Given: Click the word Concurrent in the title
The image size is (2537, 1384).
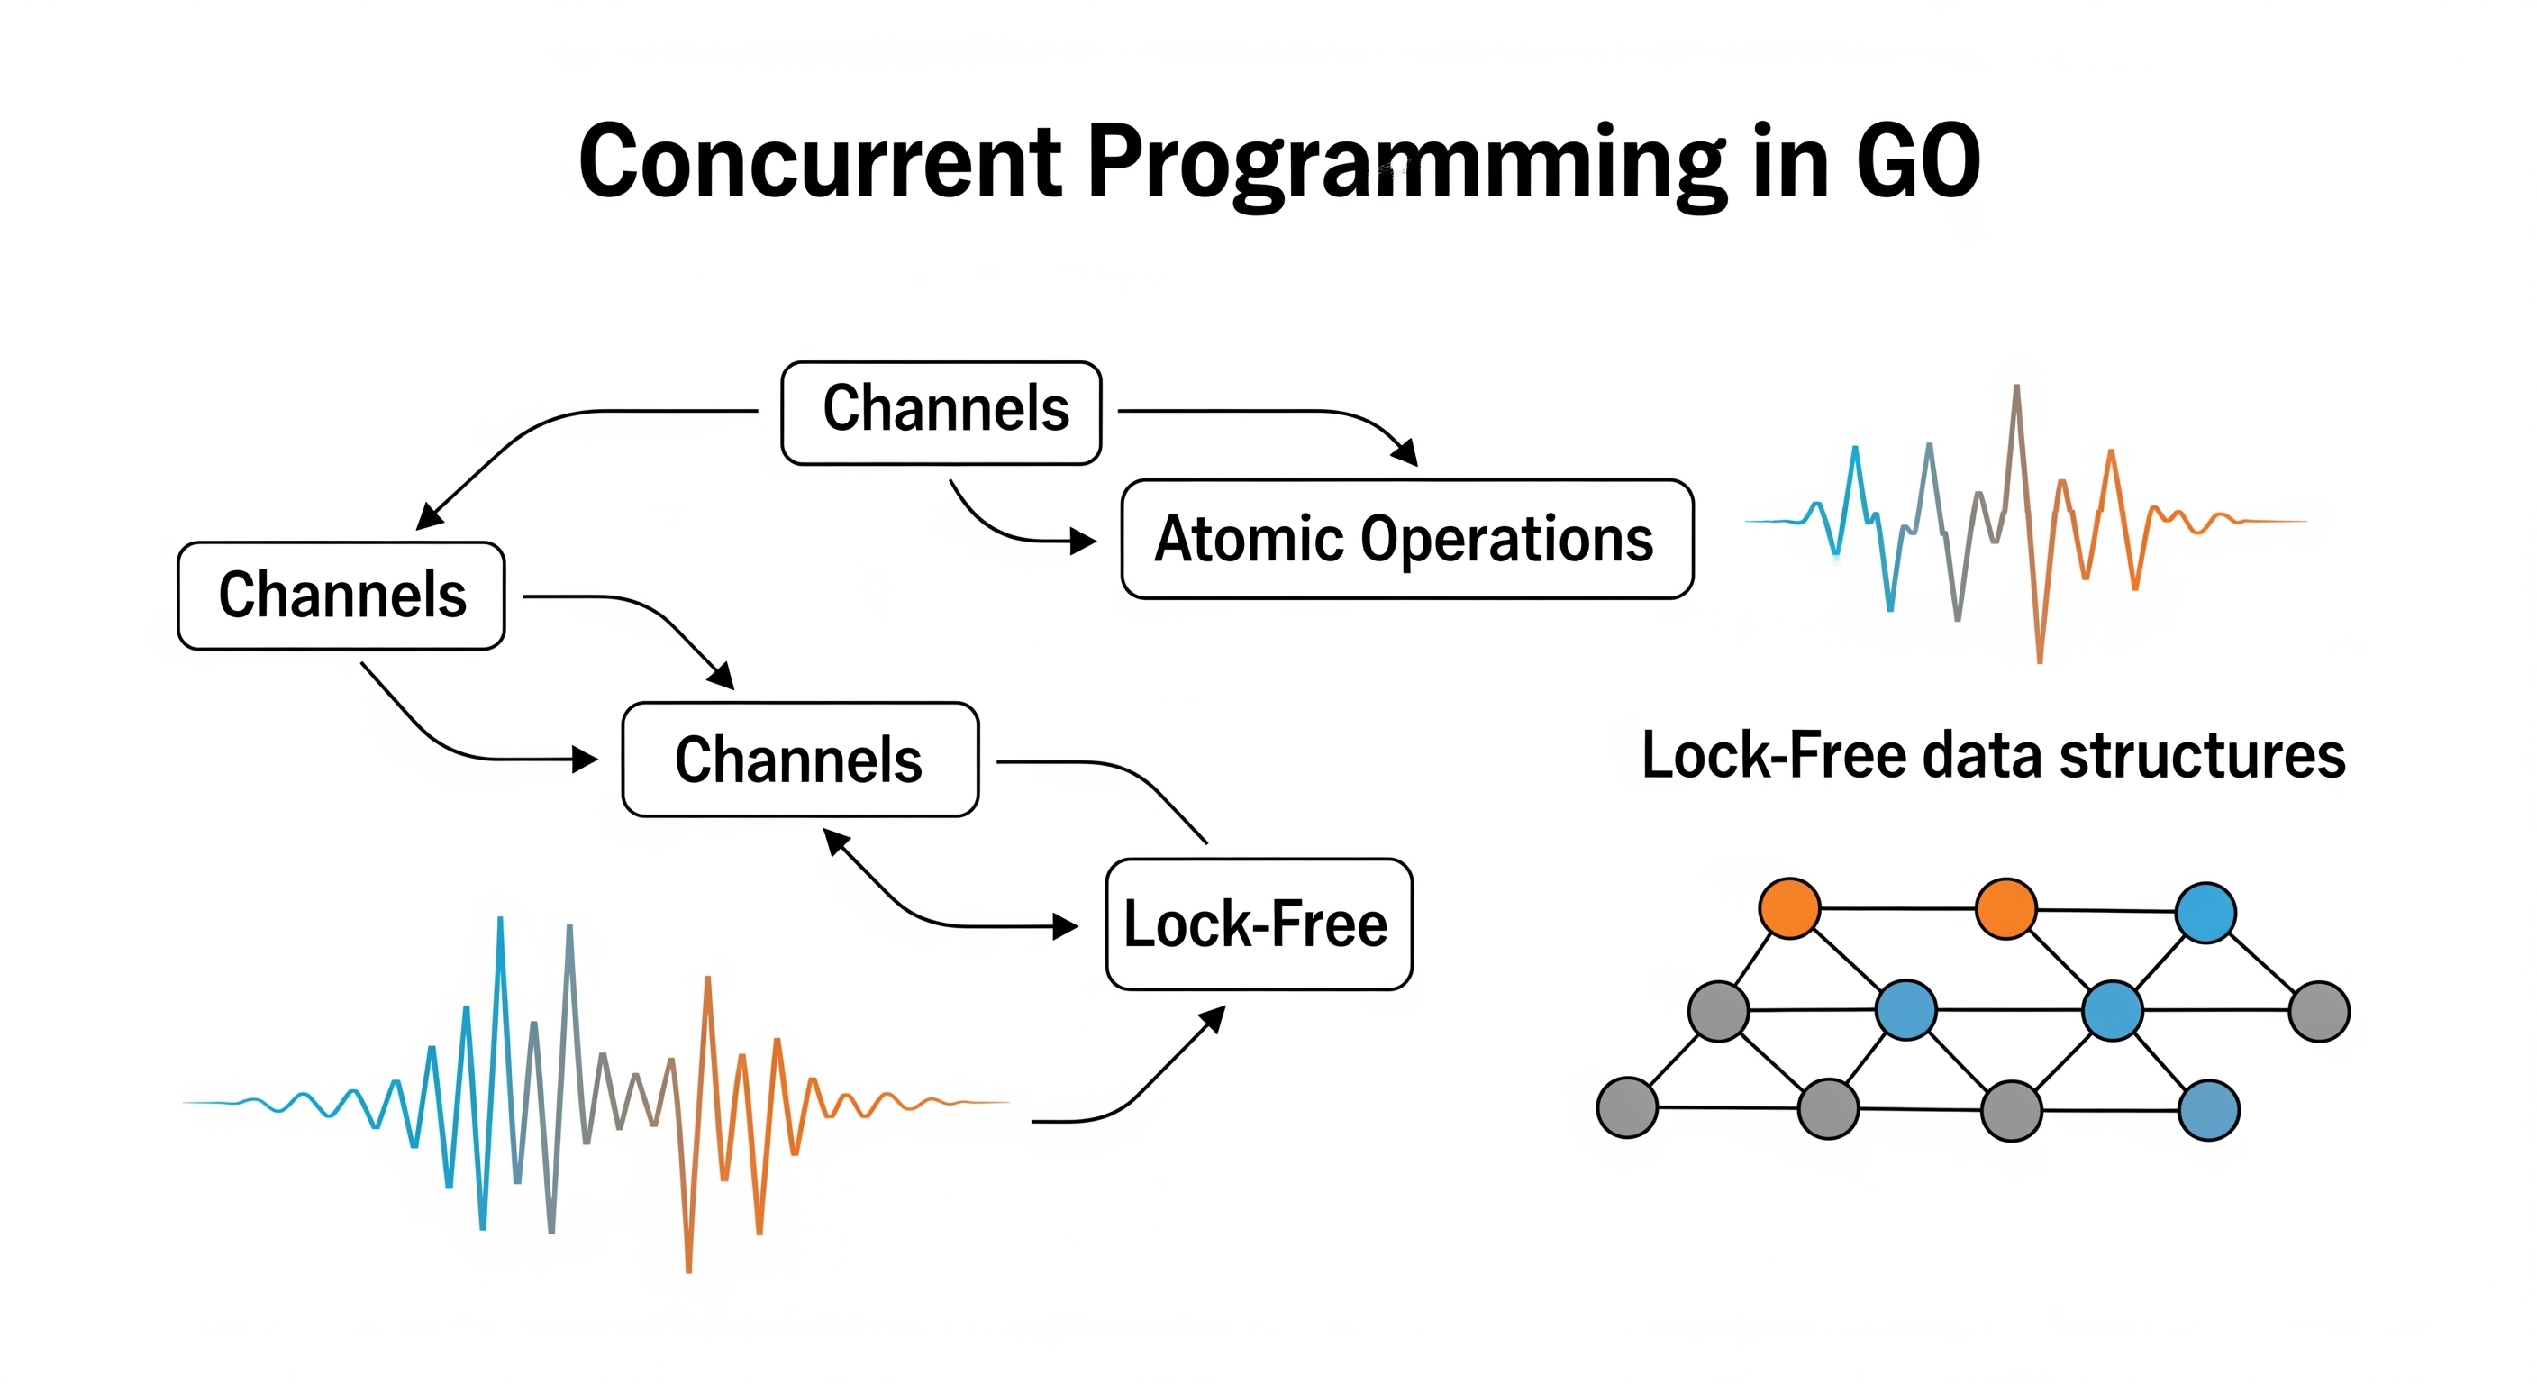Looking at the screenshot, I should click(820, 162).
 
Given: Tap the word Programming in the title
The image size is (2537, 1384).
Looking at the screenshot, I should click(1405, 162).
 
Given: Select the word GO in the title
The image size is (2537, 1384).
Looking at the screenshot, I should click(1917, 162).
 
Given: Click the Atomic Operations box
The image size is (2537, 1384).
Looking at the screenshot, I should click(1406, 539).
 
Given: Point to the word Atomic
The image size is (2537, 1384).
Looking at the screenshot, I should click(1248, 539).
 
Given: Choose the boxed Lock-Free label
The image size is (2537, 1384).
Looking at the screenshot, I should click(1258, 924).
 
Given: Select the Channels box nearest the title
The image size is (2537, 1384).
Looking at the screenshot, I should click(941, 412).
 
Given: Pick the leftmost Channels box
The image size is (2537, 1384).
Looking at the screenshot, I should click(341, 595).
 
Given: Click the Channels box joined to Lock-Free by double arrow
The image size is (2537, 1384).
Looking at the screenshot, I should click(800, 760).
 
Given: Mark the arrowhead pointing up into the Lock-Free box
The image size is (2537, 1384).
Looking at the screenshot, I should click(1214, 1016).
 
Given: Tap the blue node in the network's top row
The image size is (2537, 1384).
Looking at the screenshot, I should click(2205, 912).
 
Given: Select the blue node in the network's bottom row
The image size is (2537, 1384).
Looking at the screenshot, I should click(2209, 1110).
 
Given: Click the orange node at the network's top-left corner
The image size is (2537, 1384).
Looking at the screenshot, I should click(1788, 907).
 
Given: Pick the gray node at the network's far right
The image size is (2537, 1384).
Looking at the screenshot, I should click(2319, 1011).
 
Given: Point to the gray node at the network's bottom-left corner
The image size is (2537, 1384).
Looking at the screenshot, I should click(1627, 1107).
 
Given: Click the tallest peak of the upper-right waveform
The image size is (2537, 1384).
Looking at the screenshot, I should click(2016, 389).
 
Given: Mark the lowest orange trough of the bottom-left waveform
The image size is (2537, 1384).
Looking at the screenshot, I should click(688, 1269).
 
